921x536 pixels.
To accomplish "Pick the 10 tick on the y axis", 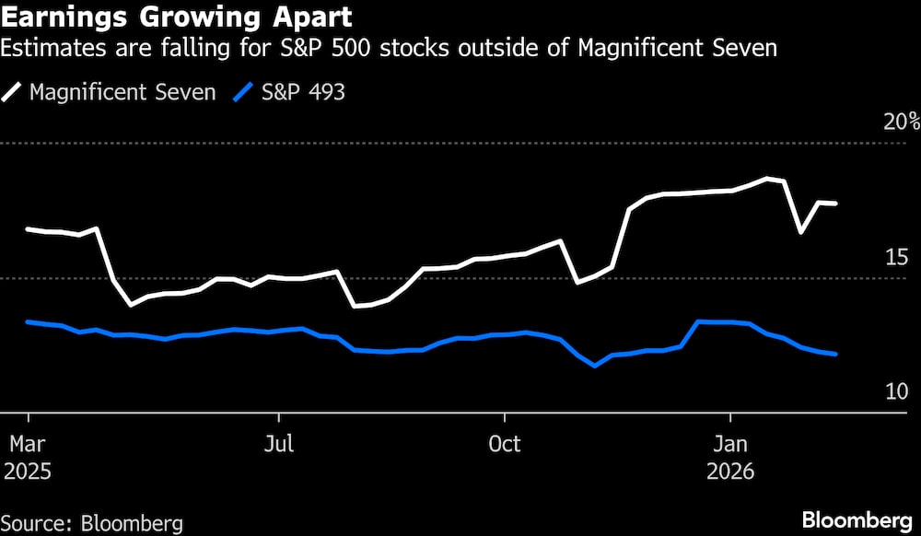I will pyautogui.click(x=897, y=391).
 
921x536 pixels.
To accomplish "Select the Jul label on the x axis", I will pyautogui.click(x=278, y=444).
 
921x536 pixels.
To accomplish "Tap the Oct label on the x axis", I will pyautogui.click(x=504, y=444).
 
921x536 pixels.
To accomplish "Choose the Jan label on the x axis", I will pyautogui.click(x=730, y=444).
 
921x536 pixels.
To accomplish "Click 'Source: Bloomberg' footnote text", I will pyautogui.click(x=92, y=523).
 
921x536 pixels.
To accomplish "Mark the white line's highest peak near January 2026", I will pyautogui.click(x=766, y=179).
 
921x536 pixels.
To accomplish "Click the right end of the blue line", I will pyautogui.click(x=835, y=354).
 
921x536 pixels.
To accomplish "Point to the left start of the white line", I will pyautogui.click(x=28, y=228).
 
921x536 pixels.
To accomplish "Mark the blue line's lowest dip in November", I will pyautogui.click(x=596, y=366).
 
